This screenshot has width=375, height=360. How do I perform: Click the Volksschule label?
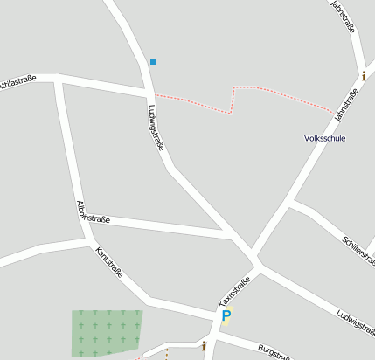click(x=325, y=138)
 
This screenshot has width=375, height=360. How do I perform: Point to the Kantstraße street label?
click(x=108, y=261)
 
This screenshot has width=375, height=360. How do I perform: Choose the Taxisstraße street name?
click(x=234, y=293)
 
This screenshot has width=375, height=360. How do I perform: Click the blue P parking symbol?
click(x=226, y=316)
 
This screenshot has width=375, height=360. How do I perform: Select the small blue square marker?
click(x=153, y=62)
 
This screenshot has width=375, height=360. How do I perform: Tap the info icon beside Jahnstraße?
click(x=363, y=75)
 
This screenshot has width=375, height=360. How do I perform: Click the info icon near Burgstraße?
click(x=203, y=346)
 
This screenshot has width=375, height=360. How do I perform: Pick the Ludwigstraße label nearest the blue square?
click(x=156, y=128)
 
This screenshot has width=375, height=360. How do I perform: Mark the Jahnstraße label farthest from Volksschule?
click(x=342, y=17)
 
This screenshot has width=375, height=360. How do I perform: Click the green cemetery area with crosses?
click(x=106, y=331)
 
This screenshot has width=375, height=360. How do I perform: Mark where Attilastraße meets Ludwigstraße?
click(x=149, y=90)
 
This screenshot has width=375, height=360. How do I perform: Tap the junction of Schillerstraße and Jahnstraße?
click(x=295, y=204)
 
